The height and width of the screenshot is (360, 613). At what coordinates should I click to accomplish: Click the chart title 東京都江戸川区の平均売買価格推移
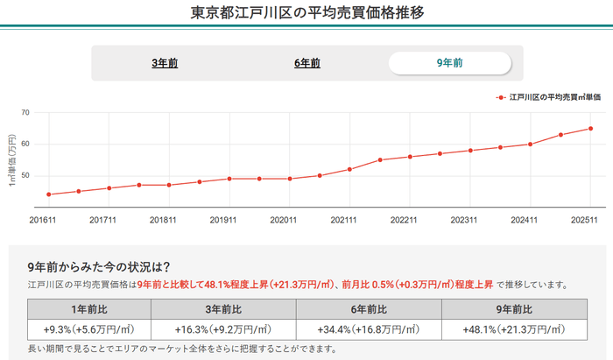[306, 13]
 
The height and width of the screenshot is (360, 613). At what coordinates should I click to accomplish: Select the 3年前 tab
[165, 63]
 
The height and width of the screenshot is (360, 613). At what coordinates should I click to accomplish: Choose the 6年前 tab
[306, 63]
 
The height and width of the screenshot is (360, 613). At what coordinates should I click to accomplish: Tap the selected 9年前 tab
[449, 63]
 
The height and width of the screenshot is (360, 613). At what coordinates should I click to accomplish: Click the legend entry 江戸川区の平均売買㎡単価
[547, 97]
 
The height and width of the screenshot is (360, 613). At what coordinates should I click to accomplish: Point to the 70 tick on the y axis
[25, 112]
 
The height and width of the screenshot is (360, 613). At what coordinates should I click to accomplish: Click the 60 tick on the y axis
[25, 144]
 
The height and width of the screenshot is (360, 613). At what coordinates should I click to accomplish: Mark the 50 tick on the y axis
[25, 175]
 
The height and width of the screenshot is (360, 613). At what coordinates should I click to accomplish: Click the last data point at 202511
[590, 129]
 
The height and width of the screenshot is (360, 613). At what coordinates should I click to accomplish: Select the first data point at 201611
[48, 194]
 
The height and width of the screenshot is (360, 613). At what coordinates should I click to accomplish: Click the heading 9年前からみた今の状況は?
[98, 266]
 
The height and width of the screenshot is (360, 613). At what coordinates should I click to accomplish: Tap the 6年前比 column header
[368, 308]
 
